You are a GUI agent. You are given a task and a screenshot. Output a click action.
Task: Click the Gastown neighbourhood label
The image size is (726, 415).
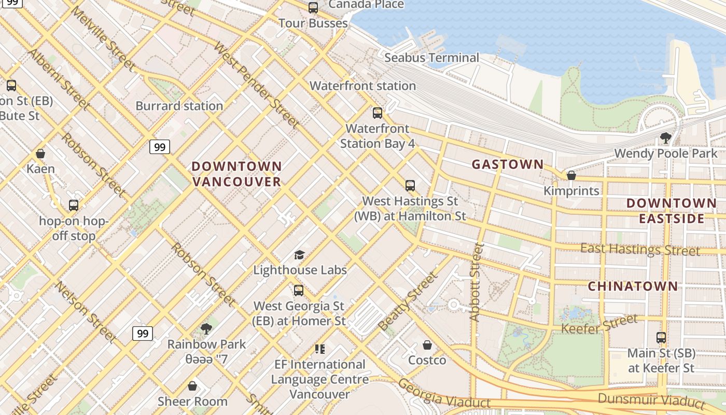point(507,165)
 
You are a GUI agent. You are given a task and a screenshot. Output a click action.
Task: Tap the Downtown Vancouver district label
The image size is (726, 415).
point(237,174)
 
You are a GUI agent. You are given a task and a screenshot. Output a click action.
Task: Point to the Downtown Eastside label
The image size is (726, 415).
point(671,211)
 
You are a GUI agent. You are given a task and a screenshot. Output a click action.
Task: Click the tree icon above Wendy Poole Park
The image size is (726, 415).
point(666,138)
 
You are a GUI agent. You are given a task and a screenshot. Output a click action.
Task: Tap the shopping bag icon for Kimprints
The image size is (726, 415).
point(571,176)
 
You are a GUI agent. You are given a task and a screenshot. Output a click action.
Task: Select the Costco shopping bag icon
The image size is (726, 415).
point(427,345)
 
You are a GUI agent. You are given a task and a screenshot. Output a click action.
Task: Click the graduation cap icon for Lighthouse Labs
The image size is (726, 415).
point(299,255)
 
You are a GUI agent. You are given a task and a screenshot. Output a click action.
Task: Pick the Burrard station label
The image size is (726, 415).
point(179,106)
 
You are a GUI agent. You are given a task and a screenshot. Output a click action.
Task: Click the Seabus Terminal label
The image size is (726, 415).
point(431,58)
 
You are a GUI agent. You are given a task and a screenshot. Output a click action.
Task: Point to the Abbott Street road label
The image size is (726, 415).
point(476,281)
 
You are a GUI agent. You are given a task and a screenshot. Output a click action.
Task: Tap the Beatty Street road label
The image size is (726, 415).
point(408,302)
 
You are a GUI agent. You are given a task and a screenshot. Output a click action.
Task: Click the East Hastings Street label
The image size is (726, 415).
point(640,250)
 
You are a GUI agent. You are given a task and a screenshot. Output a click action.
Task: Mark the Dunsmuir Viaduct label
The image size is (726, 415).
point(651,400)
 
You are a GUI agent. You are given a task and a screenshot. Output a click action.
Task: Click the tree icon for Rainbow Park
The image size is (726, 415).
point(206,328)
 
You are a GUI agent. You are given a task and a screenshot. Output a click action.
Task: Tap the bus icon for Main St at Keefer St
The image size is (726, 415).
point(661,338)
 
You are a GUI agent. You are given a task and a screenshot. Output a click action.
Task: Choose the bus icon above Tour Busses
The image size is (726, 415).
point(313,8)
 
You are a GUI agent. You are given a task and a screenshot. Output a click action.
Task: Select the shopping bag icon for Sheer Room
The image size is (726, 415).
point(192,386)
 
